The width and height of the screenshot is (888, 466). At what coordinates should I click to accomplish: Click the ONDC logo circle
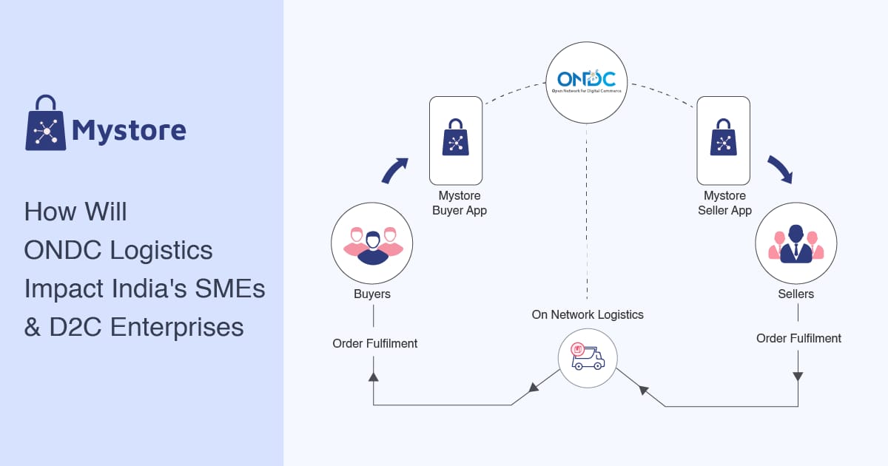[x=587, y=81]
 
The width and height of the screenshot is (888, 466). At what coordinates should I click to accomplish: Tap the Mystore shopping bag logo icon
[x=46, y=123]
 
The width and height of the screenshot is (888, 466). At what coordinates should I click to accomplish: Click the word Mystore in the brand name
[x=129, y=131]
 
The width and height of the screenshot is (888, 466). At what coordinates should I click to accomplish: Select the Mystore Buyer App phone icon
[x=456, y=140]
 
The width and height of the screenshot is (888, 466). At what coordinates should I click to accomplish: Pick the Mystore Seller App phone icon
[x=723, y=140]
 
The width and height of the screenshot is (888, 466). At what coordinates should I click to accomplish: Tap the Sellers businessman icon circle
[x=795, y=243]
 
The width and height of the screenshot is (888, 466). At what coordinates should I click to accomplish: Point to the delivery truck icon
[x=588, y=358]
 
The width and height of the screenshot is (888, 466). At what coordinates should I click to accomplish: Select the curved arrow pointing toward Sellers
[x=780, y=169]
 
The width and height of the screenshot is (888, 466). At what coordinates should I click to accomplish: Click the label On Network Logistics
[x=588, y=314]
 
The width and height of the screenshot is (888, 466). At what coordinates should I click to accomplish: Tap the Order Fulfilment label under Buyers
[x=375, y=343]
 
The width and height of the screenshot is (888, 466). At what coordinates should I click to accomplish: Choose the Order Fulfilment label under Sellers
[x=798, y=338]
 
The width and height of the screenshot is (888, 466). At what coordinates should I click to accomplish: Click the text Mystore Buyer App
[x=459, y=203]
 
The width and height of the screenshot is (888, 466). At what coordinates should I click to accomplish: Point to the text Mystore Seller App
[x=724, y=203]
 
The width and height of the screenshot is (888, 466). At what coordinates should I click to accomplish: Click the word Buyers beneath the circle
[x=372, y=294]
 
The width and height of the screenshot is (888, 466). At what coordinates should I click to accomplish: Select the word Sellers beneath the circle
[x=795, y=294]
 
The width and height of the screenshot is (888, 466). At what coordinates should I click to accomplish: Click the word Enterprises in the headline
[x=178, y=327]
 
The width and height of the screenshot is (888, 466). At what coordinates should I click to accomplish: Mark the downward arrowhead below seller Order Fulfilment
[x=798, y=376]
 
